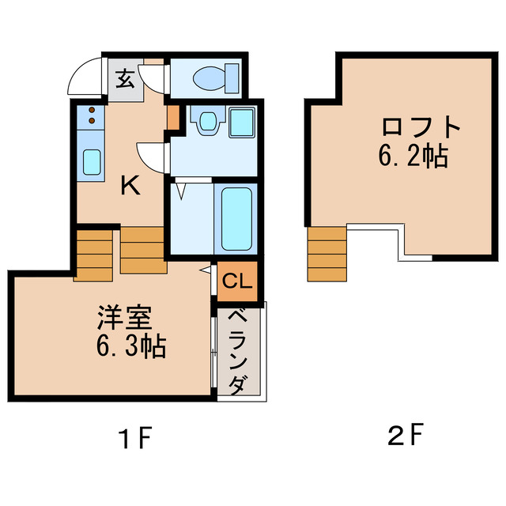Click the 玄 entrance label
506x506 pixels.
pyautogui.click(x=126, y=79)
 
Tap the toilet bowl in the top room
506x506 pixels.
pyautogui.click(x=210, y=77)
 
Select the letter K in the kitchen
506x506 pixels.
pyautogui.click(x=130, y=186)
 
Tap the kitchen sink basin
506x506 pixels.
pyautogui.click(x=92, y=161)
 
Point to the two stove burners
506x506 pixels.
pyautogui.click(x=92, y=115)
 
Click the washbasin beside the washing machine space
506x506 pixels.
pyautogui.click(x=208, y=121)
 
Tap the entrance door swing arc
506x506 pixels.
pyautogui.click(x=83, y=77)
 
